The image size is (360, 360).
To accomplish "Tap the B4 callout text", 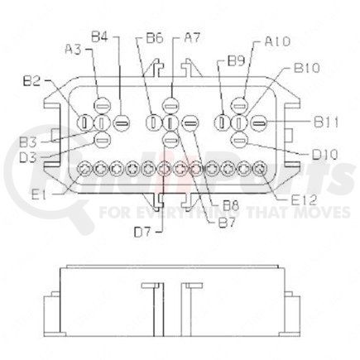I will click(x=99, y=36).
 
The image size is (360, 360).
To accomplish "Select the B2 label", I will click(x=32, y=82).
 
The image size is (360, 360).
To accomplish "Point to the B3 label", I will click(x=32, y=142).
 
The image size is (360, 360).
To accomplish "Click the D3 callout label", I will click(x=32, y=156).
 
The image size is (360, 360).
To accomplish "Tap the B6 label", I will click(x=154, y=38).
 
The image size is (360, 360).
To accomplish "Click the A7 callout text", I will click(x=192, y=37).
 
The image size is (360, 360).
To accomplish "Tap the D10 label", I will click(x=324, y=154).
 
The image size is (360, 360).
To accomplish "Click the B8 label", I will click(x=221, y=204).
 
